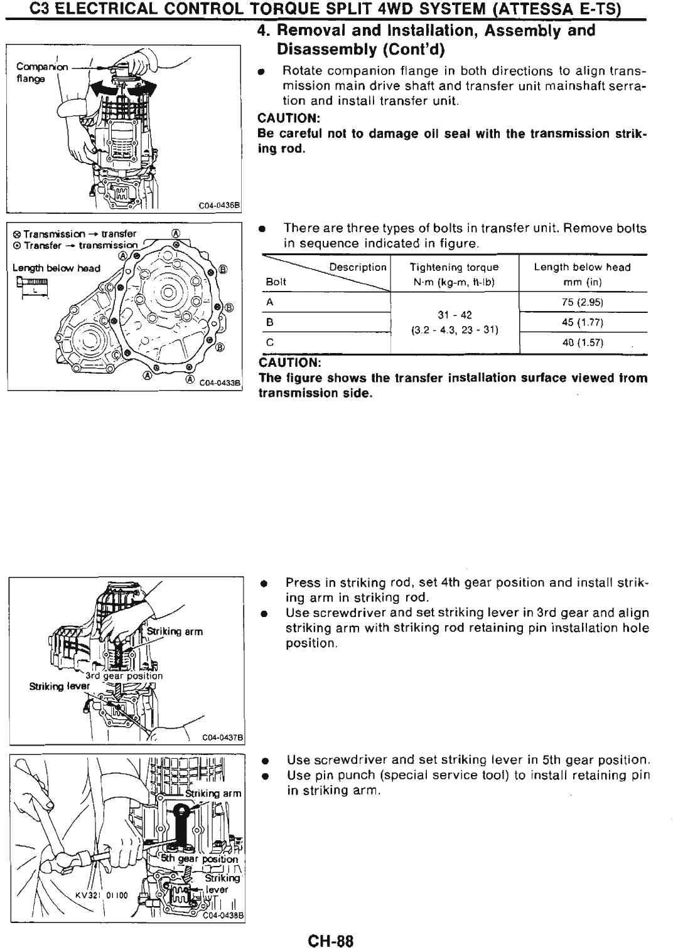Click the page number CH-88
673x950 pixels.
tap(331, 924)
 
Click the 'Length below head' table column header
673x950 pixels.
tap(582, 267)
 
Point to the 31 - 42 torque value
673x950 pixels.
tap(454, 315)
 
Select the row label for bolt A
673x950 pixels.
tap(269, 302)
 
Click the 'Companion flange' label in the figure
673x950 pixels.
tap(34, 71)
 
